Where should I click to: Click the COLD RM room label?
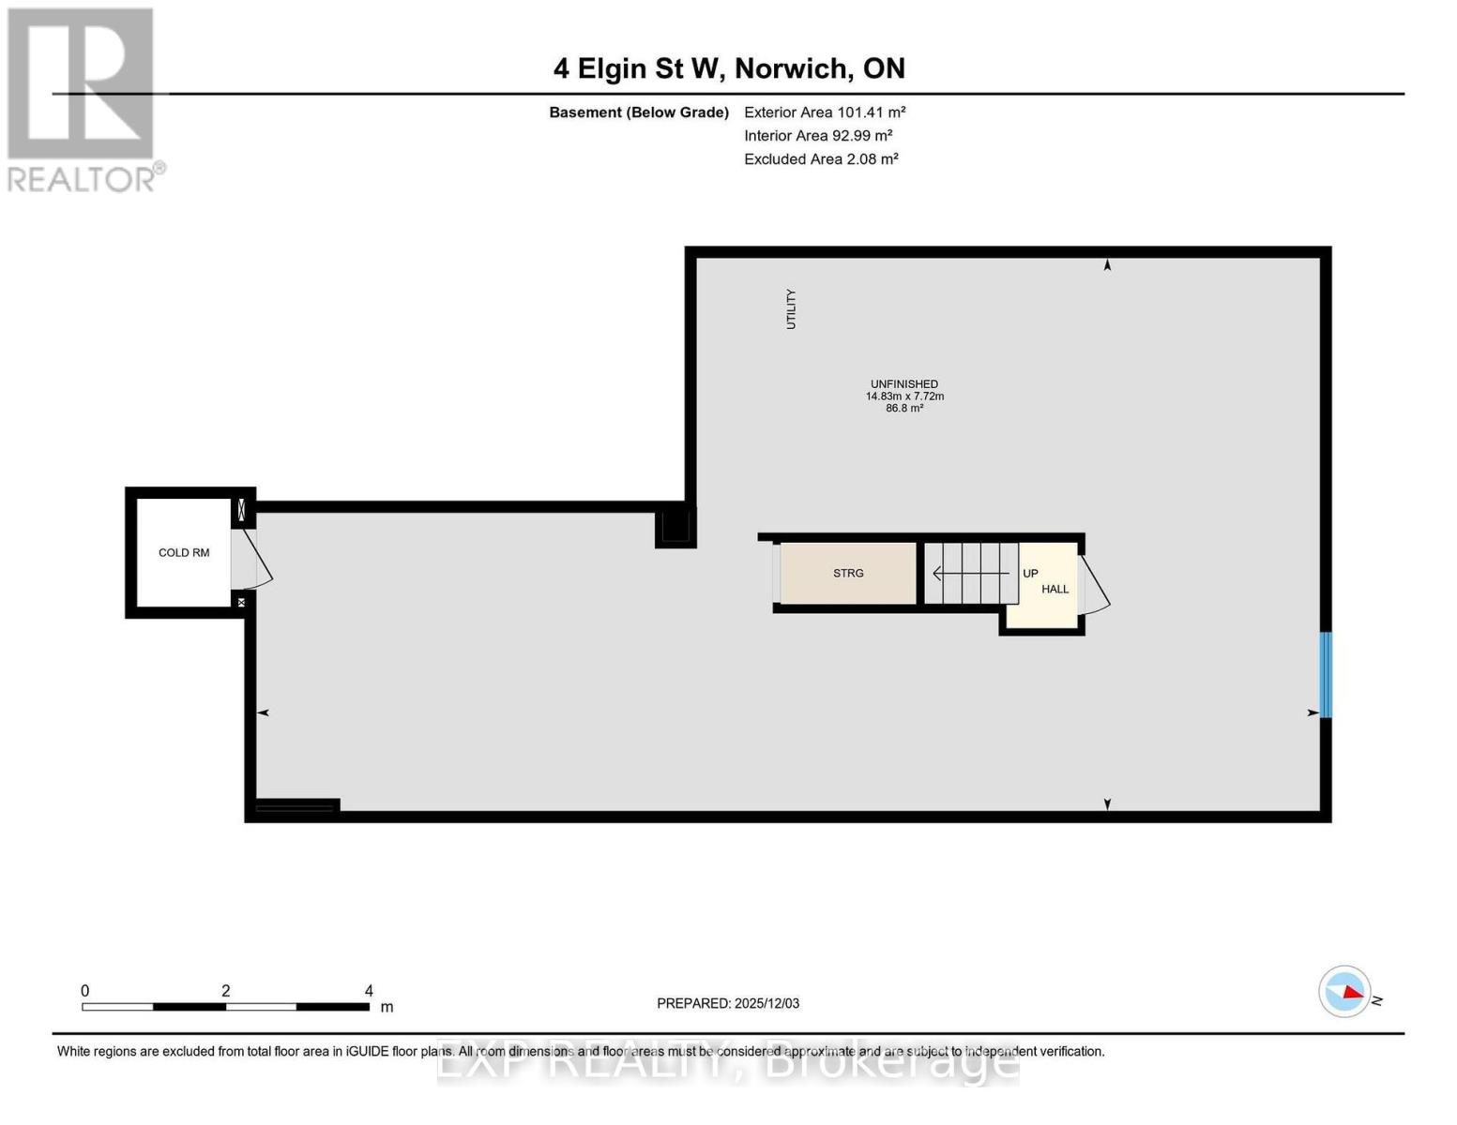(x=184, y=553)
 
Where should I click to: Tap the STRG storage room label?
(x=848, y=573)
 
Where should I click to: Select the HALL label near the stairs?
(x=1055, y=589)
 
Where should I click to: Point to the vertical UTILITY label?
(x=791, y=308)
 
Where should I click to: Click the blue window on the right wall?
(x=1326, y=675)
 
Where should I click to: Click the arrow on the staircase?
(x=972, y=574)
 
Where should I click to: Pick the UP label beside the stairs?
(x=1030, y=574)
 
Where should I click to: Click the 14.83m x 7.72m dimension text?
(x=904, y=396)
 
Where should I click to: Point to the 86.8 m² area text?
(x=904, y=408)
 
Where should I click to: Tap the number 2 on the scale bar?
(x=226, y=990)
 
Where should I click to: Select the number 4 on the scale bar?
(x=369, y=990)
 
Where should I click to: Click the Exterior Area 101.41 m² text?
(x=825, y=112)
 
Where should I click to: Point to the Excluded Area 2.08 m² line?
(x=821, y=158)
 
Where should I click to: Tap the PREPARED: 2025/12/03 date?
(x=728, y=1003)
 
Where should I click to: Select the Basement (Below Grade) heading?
(x=639, y=112)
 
